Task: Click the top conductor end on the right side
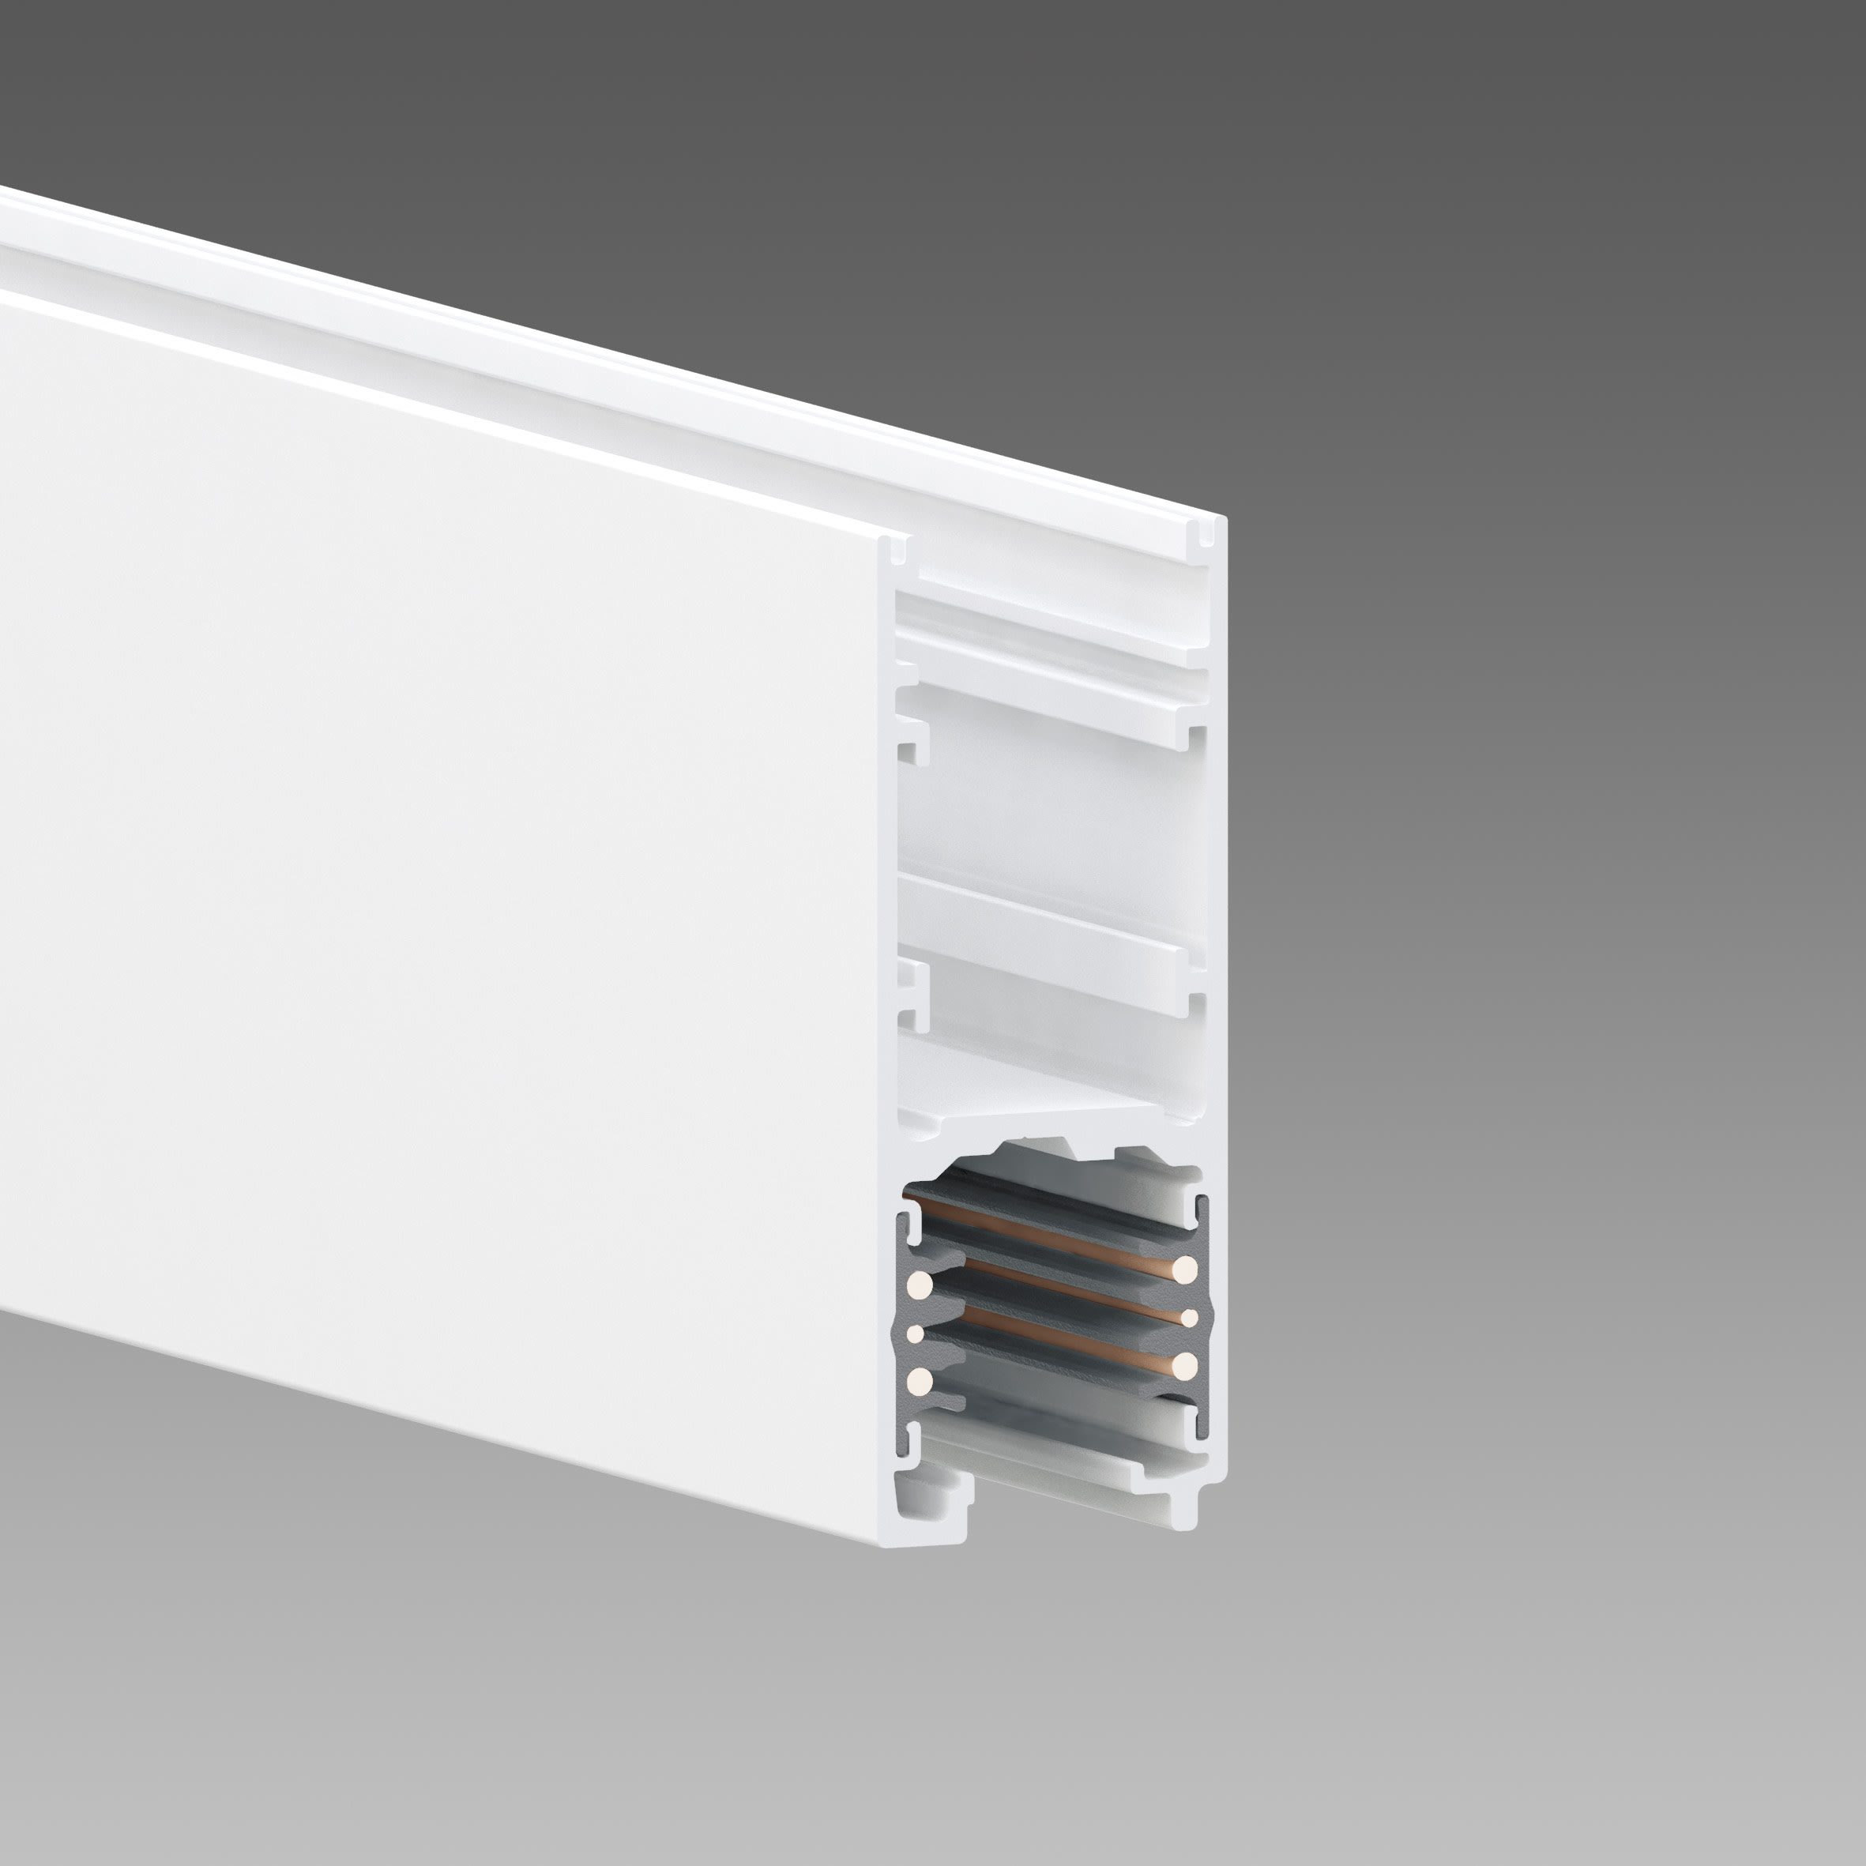click(x=1185, y=1269)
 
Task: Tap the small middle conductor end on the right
click(x=1190, y=1319)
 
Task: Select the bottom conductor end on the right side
click(x=1185, y=1364)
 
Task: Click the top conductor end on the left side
click(x=920, y=1285)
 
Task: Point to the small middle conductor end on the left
click(x=916, y=1334)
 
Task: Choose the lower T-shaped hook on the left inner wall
click(x=912, y=995)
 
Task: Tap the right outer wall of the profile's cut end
click(x=1218, y=966)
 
